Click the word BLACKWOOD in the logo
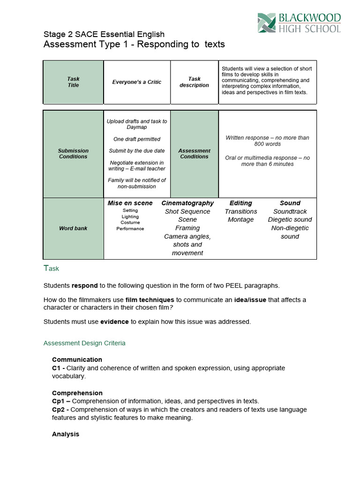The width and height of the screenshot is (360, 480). click(x=309, y=18)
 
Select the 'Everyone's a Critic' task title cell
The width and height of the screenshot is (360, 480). click(x=136, y=82)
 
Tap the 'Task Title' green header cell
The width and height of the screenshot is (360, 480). click(x=73, y=82)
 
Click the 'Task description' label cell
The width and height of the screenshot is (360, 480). click(x=194, y=82)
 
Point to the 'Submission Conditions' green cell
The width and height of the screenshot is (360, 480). click(x=73, y=154)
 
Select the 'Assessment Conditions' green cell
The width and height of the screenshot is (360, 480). click(x=194, y=154)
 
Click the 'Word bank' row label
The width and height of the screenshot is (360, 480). click(x=73, y=228)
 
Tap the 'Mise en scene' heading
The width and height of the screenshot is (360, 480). click(x=130, y=203)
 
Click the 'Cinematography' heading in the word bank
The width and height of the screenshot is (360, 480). click(x=187, y=203)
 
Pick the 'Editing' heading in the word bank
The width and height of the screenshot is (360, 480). click(x=240, y=203)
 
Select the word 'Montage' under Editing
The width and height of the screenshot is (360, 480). click(x=240, y=220)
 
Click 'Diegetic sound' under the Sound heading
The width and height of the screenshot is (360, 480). click(x=290, y=220)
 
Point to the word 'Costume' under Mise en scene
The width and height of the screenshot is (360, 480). click(x=130, y=223)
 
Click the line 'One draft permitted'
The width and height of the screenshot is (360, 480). click(x=136, y=139)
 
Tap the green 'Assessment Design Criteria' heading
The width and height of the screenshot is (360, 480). click(x=84, y=343)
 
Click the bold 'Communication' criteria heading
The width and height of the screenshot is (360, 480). click(x=77, y=360)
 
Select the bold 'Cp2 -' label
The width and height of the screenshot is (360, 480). click(x=61, y=409)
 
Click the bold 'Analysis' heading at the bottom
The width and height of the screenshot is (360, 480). click(x=66, y=434)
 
